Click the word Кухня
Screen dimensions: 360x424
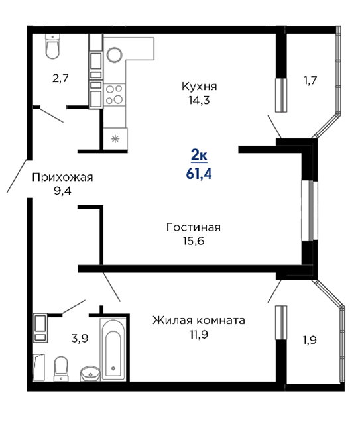[199, 87]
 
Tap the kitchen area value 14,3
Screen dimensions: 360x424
[199, 100]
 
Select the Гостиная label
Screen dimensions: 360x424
[194, 227]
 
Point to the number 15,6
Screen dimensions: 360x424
[194, 240]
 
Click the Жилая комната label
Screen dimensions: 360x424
[199, 321]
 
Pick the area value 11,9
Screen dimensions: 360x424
[199, 335]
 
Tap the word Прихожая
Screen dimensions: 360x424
[62, 178]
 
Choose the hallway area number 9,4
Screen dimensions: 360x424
[62, 191]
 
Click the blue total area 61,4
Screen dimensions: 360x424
[199, 174]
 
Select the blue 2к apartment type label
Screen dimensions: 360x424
[199, 156]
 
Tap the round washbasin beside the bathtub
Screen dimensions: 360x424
[90, 374]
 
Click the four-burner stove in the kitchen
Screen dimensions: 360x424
[114, 95]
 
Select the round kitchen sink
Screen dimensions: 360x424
[115, 55]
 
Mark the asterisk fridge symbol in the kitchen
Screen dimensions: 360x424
[115, 139]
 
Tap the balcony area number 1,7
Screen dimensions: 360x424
[310, 80]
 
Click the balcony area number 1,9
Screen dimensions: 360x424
[310, 340]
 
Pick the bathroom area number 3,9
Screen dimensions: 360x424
[80, 338]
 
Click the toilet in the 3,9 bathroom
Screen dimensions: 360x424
[61, 368]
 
